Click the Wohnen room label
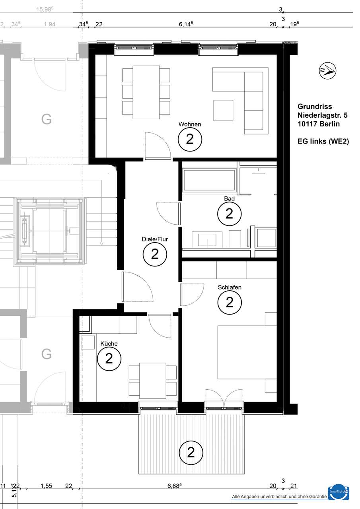(190, 124)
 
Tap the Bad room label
(229, 198)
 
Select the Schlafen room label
(230, 287)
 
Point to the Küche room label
(109, 344)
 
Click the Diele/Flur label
(155, 239)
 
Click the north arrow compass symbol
(327, 71)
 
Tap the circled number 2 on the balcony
(191, 452)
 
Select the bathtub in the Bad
(208, 180)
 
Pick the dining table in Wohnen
(146, 92)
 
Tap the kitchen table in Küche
(153, 380)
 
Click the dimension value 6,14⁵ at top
(186, 24)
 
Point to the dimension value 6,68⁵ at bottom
(186, 486)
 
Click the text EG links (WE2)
(323, 141)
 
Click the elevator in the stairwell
(49, 231)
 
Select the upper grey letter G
(47, 119)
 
